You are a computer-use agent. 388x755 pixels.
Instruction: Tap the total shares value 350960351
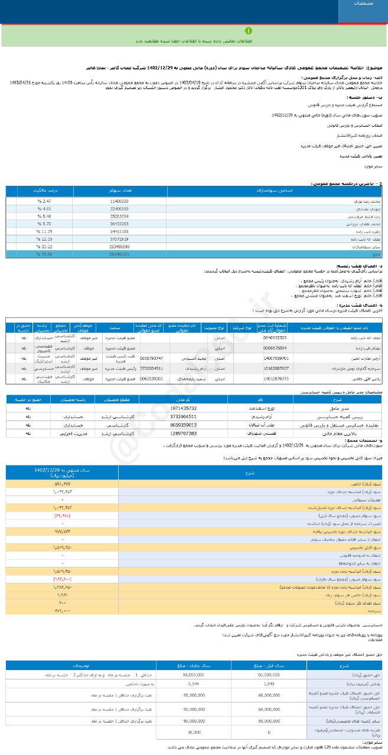(116, 254)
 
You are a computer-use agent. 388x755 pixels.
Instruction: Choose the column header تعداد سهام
(116, 192)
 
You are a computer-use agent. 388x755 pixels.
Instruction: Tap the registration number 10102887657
(276, 368)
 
